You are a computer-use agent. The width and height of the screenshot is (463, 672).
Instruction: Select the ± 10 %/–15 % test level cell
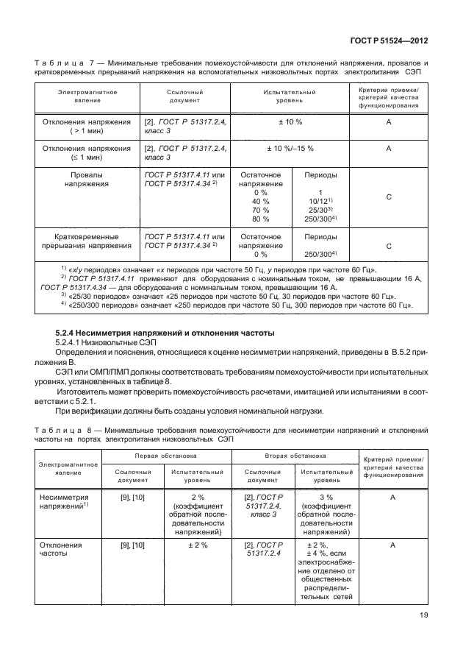click(x=289, y=148)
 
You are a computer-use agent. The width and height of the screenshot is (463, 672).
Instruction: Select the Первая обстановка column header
click(x=162, y=456)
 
